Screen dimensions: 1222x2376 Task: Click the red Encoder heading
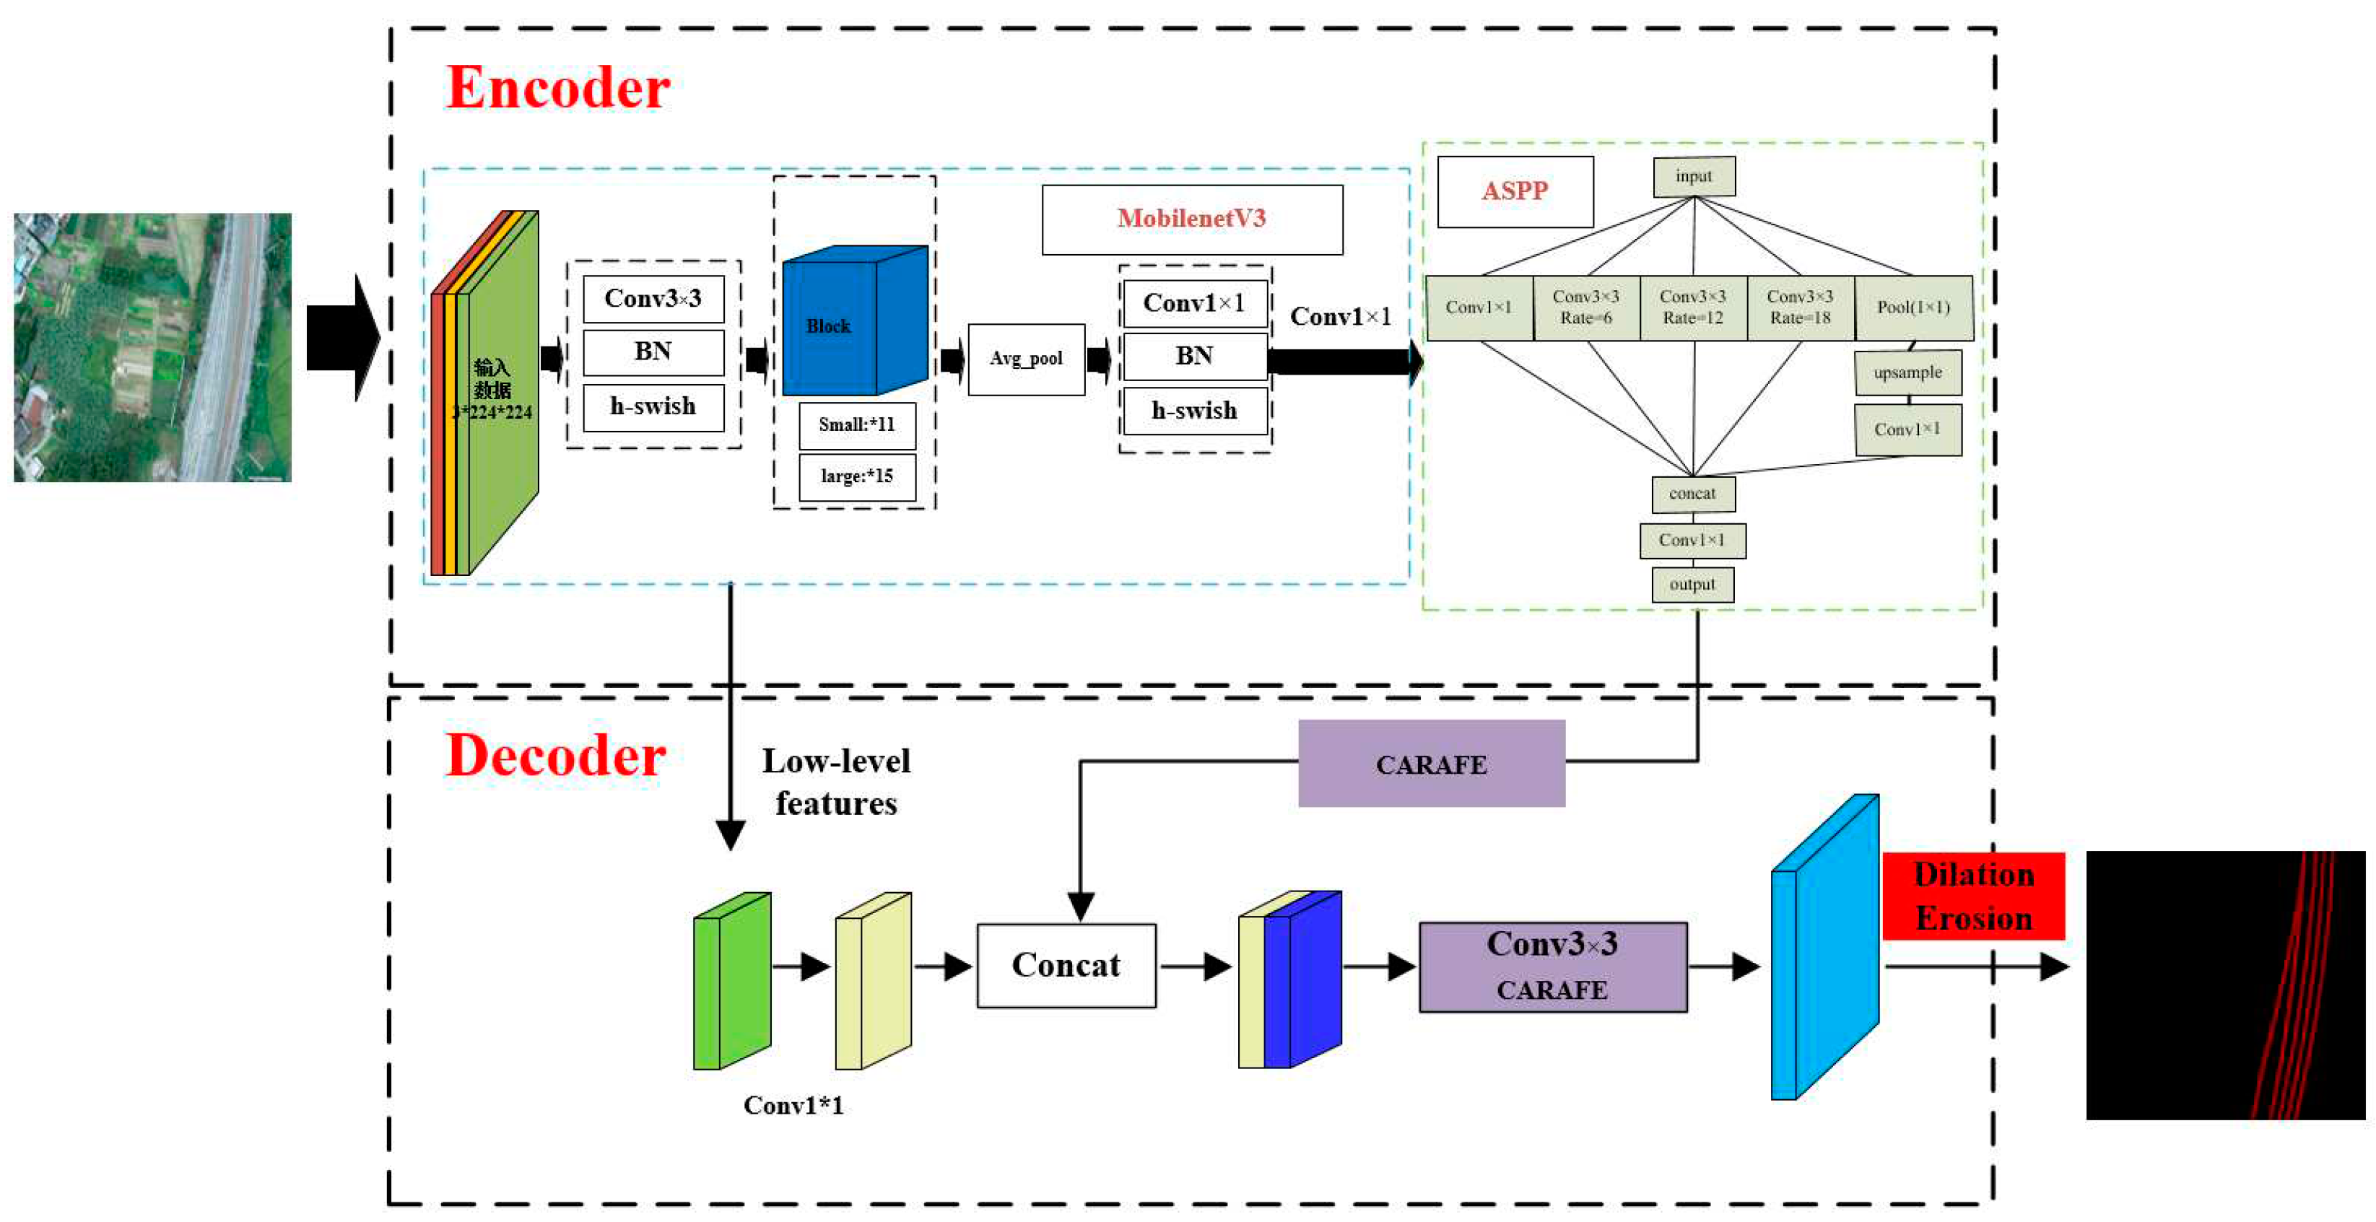click(x=558, y=89)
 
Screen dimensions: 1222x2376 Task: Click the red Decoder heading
click(x=555, y=756)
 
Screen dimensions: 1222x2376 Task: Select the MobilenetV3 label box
click(x=1192, y=219)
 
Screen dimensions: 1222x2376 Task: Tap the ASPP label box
click(x=1515, y=192)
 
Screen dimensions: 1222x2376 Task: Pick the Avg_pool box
click(x=1026, y=359)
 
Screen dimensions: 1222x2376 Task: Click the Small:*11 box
click(x=857, y=425)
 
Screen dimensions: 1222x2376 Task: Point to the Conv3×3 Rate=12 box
click(x=1692, y=307)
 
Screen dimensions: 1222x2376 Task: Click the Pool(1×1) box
click(x=1913, y=307)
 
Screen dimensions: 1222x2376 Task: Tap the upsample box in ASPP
click(x=1907, y=372)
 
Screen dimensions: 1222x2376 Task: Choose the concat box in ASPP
click(x=1692, y=494)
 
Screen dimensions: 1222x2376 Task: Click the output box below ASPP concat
click(x=1692, y=584)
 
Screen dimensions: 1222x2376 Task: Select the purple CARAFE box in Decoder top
click(x=1430, y=764)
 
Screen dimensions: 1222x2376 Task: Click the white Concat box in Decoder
click(x=1066, y=965)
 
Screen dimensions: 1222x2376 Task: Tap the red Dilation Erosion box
click(x=1973, y=896)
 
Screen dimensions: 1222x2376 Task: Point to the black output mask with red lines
click(x=2224, y=985)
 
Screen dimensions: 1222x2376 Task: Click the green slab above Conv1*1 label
click(x=731, y=980)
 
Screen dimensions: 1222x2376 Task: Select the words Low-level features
click(x=835, y=782)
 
